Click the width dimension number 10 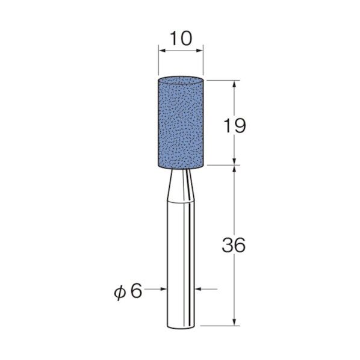(x=181, y=39)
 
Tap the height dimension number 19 (x=235, y=126)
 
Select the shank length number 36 (x=234, y=245)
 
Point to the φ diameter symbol (x=120, y=293)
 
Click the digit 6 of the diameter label (x=137, y=291)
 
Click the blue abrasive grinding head (x=181, y=123)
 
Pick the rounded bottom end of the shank (x=181, y=326)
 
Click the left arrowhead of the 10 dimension (x=163, y=51)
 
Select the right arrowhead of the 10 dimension (x=199, y=51)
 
